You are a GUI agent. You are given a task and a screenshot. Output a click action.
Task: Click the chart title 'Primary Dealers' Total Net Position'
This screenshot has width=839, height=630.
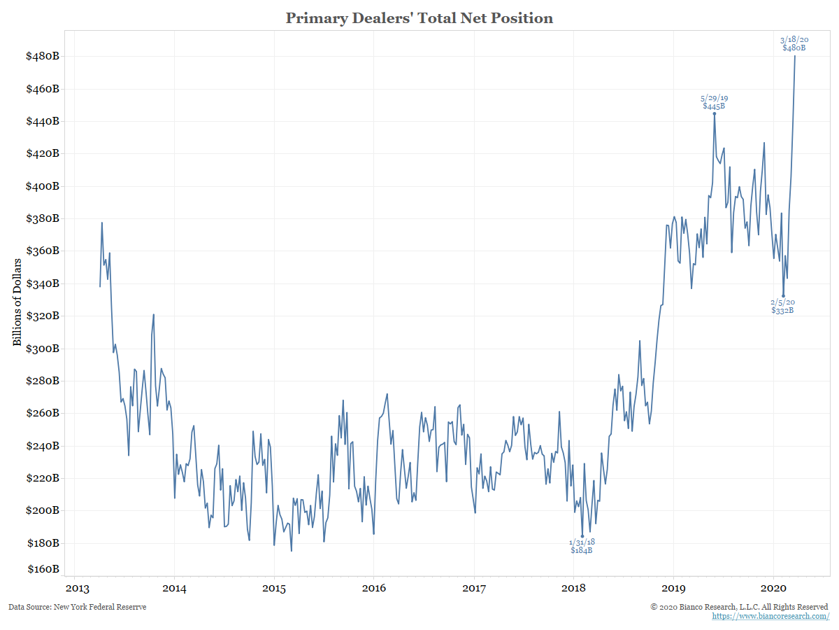coord(419,18)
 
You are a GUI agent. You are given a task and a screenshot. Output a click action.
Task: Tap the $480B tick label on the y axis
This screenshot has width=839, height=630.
coord(43,56)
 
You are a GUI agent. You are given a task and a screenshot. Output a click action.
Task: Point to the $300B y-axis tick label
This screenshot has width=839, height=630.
coord(43,349)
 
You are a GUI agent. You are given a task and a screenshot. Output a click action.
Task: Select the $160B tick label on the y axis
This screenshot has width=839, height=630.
coord(43,569)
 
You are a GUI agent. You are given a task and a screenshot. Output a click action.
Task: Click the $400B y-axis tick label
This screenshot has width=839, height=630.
coord(43,186)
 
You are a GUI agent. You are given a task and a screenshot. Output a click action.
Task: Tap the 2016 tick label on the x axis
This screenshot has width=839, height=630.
coord(374,587)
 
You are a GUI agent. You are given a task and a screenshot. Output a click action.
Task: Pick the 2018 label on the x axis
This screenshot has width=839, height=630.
coord(574,587)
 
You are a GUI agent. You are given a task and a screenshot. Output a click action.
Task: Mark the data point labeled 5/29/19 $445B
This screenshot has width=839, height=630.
coord(714,113)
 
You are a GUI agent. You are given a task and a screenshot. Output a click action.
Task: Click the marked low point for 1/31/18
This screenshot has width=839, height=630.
coord(582,536)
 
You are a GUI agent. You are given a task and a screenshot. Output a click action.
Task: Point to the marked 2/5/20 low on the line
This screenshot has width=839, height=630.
coord(783,296)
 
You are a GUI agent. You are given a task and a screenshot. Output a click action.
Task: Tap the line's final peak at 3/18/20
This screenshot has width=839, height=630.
coord(794,56)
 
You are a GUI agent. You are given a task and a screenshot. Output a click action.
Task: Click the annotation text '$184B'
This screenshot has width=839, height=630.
coord(582,550)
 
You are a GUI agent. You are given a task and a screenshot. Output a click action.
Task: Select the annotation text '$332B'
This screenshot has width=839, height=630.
coord(782,310)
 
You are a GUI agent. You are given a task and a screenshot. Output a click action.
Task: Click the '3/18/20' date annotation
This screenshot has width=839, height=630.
coord(794,40)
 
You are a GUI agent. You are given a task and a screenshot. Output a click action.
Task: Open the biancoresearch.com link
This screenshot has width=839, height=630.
coord(770,616)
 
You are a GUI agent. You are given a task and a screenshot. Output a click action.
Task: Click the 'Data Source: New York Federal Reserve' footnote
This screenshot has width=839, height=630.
coord(78,607)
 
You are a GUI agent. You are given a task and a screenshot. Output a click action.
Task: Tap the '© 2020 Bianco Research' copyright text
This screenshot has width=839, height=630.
coord(739,606)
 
